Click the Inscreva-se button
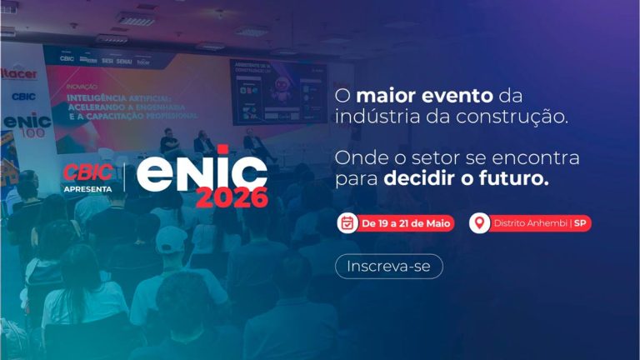click(388, 266)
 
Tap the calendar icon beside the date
click(347, 223)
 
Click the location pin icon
click(479, 223)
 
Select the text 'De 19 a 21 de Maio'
click(405, 223)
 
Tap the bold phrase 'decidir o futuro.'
click(467, 178)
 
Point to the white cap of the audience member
click(170, 239)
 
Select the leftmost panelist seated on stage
click(169, 142)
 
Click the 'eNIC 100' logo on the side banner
click(27, 125)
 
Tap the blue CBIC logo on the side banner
click(23, 96)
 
